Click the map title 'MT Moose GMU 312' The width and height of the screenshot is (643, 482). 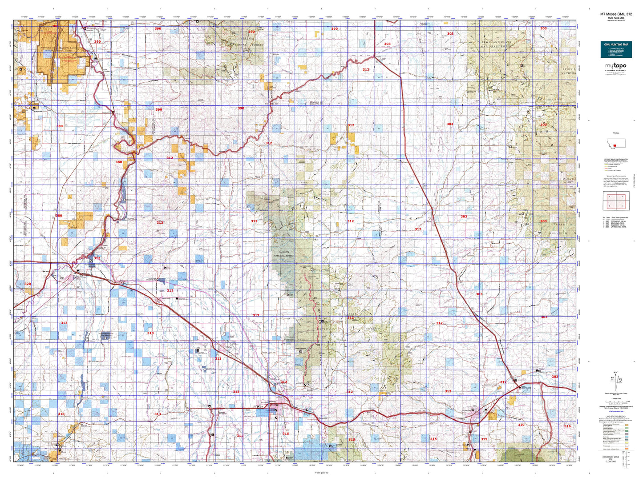point(615,14)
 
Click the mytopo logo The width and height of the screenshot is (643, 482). point(616,66)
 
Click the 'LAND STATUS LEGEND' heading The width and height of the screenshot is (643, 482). point(616,417)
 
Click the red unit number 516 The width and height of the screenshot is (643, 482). point(567,426)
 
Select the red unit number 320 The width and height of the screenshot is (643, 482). point(28,284)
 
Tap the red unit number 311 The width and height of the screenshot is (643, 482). point(240,436)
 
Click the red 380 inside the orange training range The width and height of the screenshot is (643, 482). point(55,26)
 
